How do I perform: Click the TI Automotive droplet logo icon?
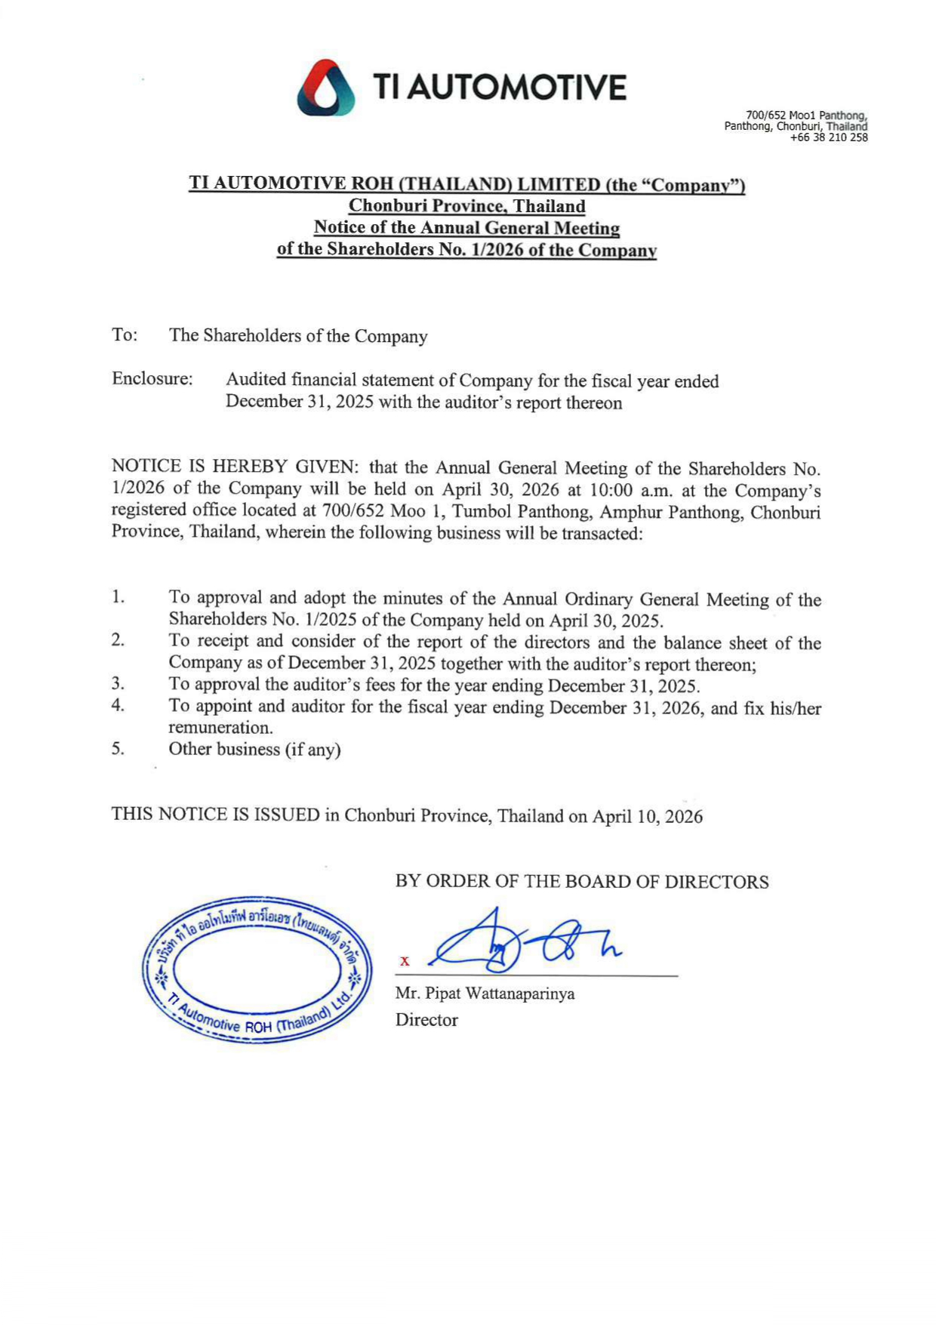point(326,88)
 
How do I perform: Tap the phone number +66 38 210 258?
point(828,137)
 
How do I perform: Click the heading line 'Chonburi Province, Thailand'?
point(466,206)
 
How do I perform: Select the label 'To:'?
point(125,334)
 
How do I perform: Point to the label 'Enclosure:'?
point(152,379)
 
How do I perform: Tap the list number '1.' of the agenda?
point(119,597)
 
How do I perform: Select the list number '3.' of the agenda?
point(118,684)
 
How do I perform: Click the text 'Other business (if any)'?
point(254,749)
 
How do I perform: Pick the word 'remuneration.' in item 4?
point(220,728)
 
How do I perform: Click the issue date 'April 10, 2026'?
point(647,816)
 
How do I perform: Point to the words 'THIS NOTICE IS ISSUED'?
point(215,814)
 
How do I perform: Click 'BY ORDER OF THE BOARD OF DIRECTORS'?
point(582,881)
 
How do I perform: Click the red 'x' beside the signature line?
point(405,961)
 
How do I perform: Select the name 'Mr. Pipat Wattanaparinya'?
point(485,994)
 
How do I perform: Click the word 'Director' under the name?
point(426,1020)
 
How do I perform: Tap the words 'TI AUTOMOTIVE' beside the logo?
point(500,88)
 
